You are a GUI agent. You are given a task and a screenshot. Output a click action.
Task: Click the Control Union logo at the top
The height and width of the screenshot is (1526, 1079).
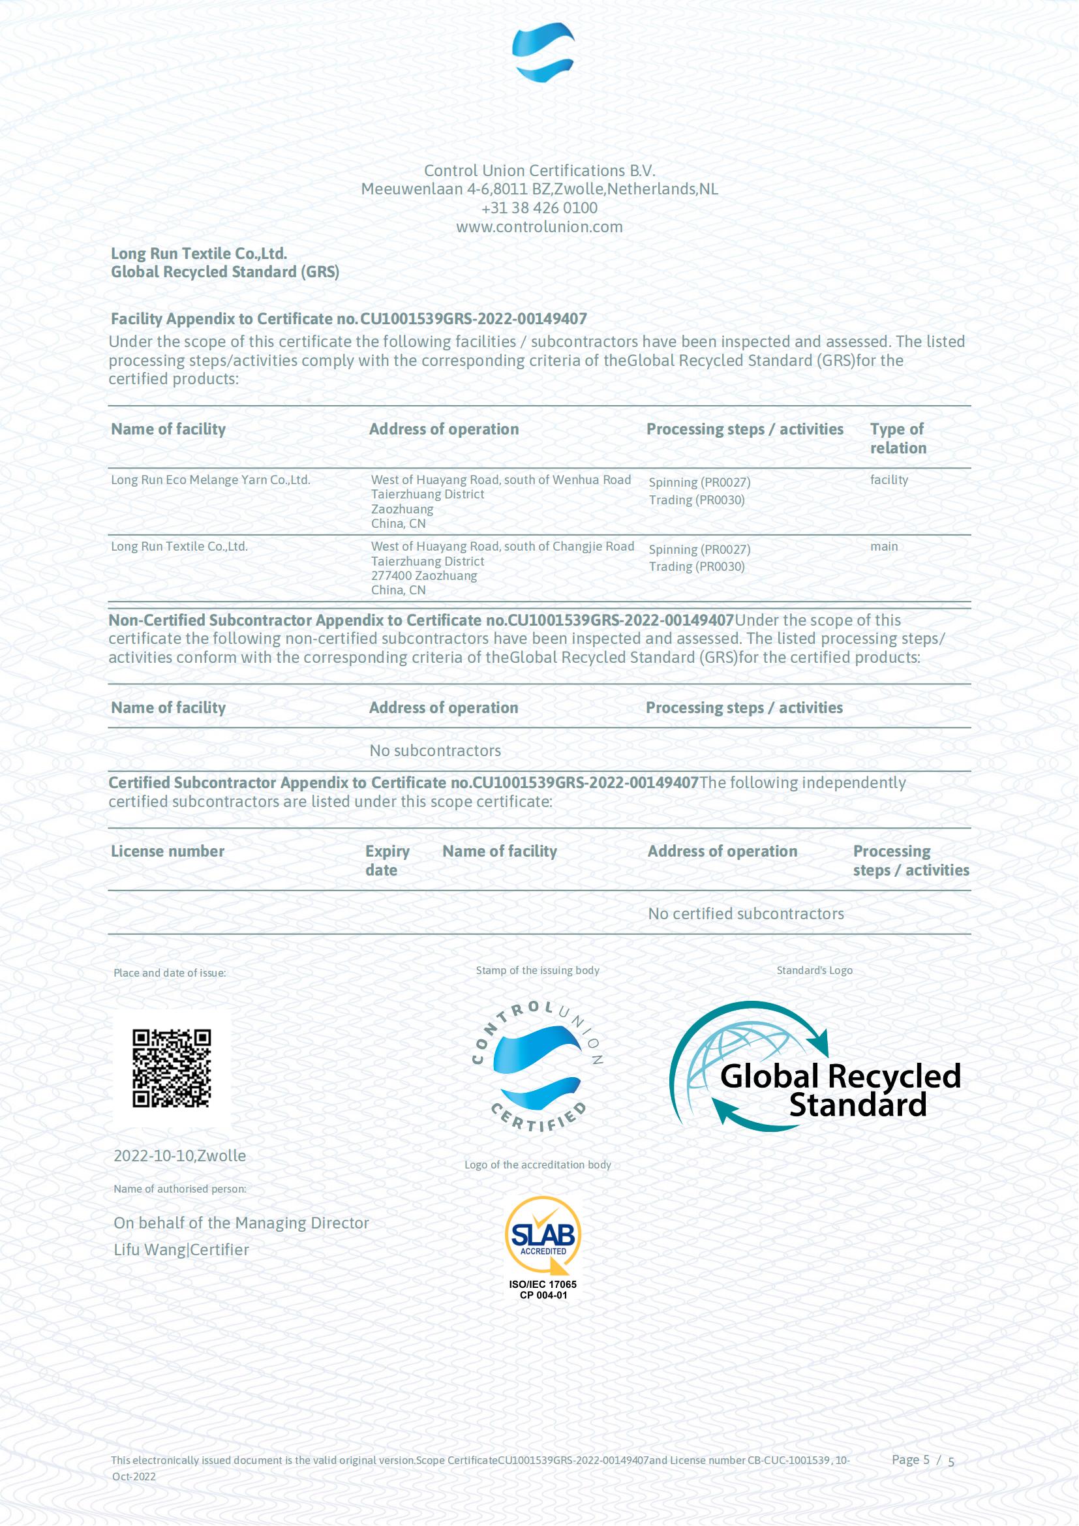tap(543, 52)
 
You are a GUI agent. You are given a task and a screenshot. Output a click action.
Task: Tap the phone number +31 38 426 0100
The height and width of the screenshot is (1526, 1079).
tap(539, 208)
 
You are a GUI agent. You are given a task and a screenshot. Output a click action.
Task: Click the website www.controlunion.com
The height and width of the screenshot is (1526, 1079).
tap(539, 226)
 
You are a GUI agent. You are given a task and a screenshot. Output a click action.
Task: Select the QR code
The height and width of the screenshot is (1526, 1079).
tap(172, 1068)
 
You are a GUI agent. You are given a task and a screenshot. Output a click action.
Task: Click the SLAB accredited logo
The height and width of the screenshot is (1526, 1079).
tap(543, 1235)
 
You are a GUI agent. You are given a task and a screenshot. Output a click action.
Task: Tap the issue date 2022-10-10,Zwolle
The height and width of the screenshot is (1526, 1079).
tap(179, 1155)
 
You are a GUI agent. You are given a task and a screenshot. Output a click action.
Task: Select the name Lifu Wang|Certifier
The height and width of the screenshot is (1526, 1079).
tap(181, 1249)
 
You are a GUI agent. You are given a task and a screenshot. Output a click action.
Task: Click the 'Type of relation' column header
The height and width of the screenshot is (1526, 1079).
tap(898, 438)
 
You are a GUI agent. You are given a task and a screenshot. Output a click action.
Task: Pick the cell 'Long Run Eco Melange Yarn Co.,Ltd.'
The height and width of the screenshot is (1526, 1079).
tap(210, 480)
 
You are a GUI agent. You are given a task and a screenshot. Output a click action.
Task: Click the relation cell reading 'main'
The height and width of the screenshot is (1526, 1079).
tap(884, 546)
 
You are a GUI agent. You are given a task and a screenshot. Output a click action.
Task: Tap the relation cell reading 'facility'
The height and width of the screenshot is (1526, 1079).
tap(889, 480)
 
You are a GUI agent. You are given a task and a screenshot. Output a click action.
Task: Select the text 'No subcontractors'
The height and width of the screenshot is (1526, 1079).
tap(435, 750)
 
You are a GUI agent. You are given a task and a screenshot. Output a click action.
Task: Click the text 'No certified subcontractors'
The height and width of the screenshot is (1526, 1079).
tap(746, 913)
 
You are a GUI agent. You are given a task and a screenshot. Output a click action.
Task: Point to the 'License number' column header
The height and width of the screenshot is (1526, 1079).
tap(168, 851)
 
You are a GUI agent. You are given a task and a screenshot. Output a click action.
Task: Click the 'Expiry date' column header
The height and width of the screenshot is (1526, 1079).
tap(387, 860)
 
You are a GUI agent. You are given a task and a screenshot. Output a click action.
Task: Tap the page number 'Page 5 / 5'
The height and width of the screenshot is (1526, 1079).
tap(922, 1459)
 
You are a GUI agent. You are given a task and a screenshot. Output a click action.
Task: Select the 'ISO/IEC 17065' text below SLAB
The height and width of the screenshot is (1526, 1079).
tap(543, 1284)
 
